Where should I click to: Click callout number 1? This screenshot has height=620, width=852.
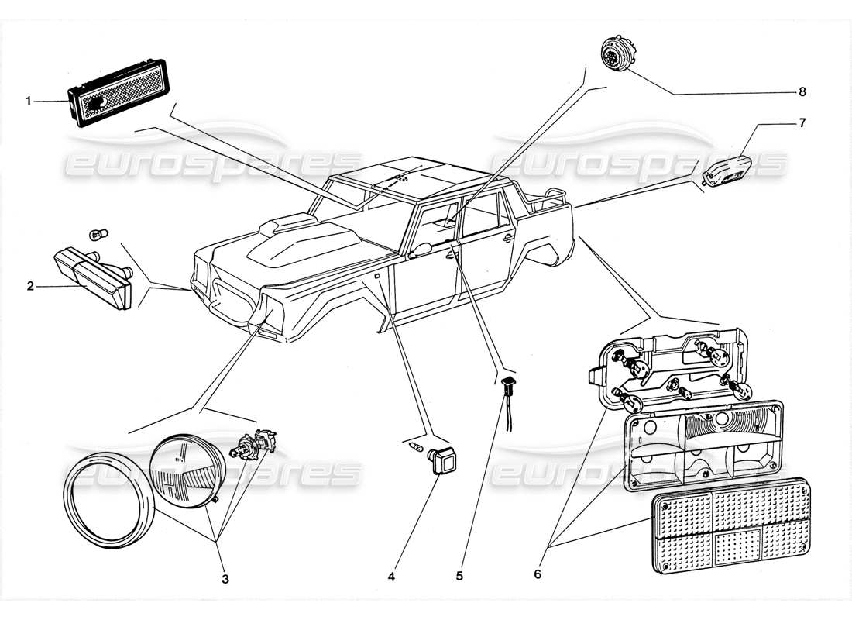coord(29,101)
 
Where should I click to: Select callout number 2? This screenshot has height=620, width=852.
coord(30,286)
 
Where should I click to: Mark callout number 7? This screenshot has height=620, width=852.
coord(801,122)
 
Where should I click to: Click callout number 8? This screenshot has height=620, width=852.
coord(802,92)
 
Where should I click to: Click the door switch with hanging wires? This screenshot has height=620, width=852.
coord(508,382)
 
